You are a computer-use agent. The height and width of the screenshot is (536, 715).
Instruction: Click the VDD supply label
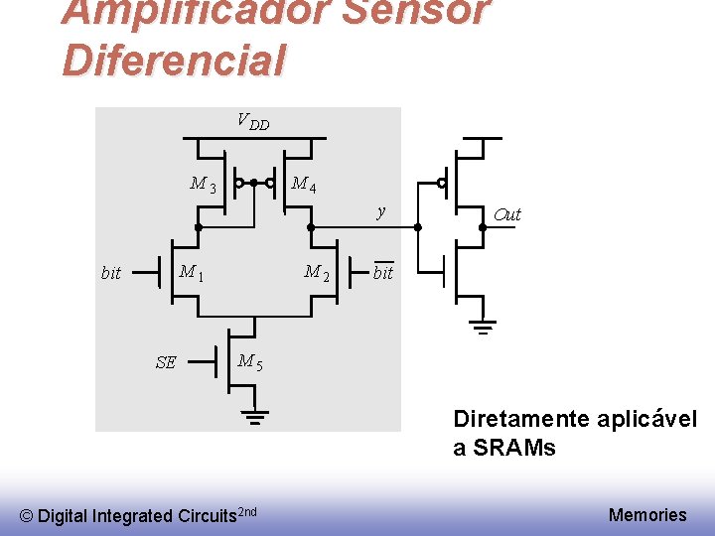click(253, 122)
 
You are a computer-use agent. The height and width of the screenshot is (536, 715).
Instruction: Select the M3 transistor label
click(204, 184)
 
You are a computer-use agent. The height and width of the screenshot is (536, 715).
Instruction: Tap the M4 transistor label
click(304, 184)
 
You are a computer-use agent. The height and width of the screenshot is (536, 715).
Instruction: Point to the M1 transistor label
click(191, 272)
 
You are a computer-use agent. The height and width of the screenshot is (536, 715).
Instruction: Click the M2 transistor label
click(317, 272)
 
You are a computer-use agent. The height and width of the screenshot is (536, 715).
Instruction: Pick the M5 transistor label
click(250, 362)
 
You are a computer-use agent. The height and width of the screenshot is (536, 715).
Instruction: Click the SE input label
click(166, 362)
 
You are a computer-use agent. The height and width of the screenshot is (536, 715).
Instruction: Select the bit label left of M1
click(111, 273)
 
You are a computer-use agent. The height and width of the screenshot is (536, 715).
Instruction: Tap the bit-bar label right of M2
click(383, 272)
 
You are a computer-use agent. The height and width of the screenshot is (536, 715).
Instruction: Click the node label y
click(380, 211)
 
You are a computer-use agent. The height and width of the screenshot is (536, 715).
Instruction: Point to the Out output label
click(506, 214)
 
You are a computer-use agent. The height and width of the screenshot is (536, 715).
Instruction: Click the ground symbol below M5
click(255, 416)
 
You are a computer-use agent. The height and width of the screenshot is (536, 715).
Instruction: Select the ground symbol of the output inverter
click(483, 329)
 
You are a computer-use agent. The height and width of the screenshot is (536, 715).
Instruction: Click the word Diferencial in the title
click(174, 59)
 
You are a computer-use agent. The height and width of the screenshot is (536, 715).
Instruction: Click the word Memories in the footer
click(647, 514)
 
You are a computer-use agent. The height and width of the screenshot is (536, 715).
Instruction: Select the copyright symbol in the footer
click(27, 515)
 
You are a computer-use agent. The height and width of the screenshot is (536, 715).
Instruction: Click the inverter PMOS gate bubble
click(442, 184)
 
